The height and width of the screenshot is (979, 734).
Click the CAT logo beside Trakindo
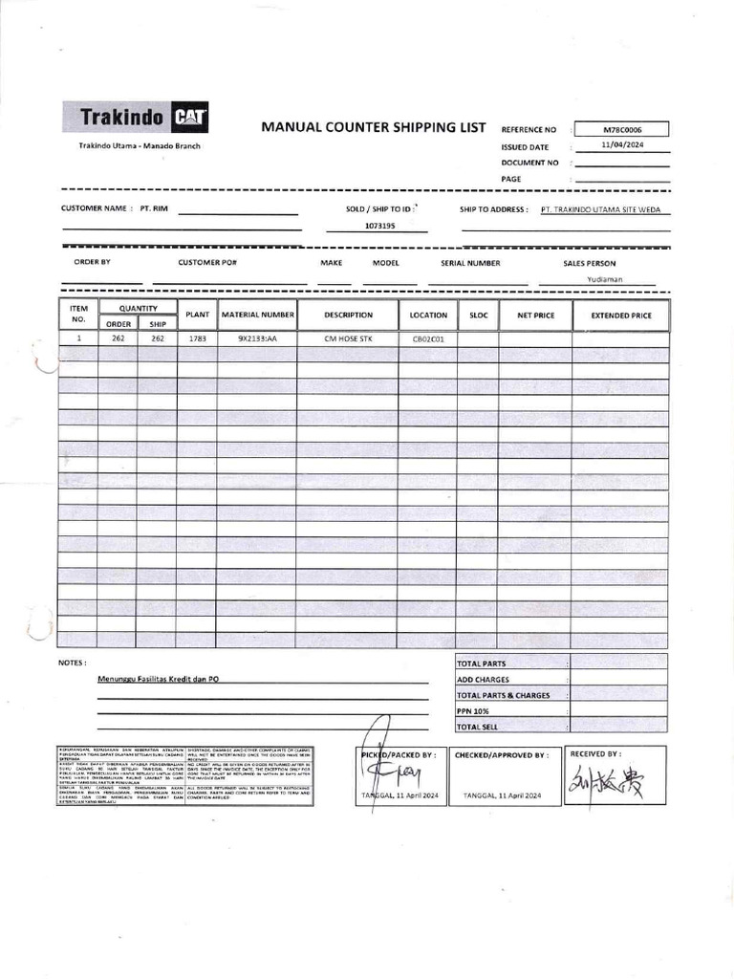click(191, 119)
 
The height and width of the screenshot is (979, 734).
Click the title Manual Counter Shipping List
click(374, 128)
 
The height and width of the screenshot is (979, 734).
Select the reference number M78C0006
click(622, 129)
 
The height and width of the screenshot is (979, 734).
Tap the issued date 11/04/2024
click(622, 145)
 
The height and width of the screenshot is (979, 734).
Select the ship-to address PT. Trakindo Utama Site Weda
click(599, 209)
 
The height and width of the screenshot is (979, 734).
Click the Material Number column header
click(257, 315)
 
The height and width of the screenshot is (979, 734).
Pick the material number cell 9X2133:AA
click(257, 338)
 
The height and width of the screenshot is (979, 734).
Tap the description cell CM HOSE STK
click(348, 338)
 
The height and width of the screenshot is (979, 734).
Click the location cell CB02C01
click(428, 338)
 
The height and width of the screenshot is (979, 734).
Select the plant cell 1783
click(197, 338)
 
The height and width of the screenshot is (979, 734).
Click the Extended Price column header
click(621, 315)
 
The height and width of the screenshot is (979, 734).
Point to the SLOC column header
click(478, 315)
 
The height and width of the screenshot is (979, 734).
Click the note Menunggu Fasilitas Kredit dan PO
click(164, 679)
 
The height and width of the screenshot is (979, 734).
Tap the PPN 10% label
click(473, 711)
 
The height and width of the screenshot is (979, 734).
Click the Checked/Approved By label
click(501, 755)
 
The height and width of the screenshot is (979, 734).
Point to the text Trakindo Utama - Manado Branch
click(140, 144)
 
